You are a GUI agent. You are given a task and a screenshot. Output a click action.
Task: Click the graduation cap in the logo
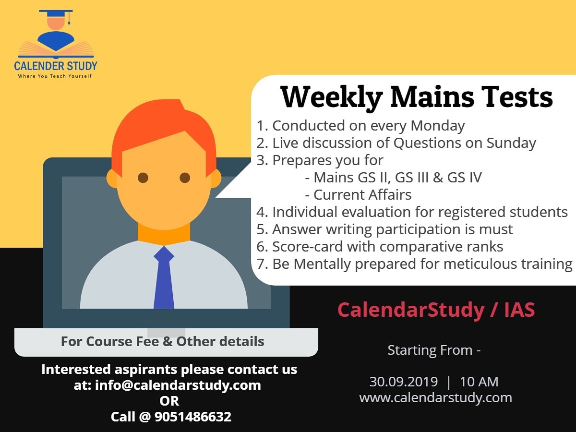point(56,15)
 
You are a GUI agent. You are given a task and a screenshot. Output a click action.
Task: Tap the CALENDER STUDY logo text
point(56,66)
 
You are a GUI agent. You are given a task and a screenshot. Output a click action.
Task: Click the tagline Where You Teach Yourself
point(55,76)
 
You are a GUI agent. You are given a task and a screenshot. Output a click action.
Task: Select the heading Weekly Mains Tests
point(417,97)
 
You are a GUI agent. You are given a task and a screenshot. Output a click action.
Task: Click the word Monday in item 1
point(437,126)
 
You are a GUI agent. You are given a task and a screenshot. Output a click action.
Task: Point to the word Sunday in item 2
point(511,143)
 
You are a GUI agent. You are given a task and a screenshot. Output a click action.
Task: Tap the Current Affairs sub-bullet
point(359,195)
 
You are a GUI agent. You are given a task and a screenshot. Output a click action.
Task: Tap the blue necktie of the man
point(164,277)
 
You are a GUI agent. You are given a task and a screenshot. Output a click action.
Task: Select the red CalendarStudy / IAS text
point(436,310)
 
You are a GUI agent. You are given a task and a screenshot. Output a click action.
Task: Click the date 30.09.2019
point(404,382)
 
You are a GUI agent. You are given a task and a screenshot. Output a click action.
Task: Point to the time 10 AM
point(479,382)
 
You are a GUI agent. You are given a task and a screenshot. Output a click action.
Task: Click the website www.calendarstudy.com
point(436,397)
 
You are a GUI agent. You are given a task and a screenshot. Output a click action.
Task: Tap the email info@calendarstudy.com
point(178,385)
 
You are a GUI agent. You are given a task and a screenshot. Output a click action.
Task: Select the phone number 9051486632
point(193,417)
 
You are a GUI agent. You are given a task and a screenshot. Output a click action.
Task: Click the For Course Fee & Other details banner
point(167,342)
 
